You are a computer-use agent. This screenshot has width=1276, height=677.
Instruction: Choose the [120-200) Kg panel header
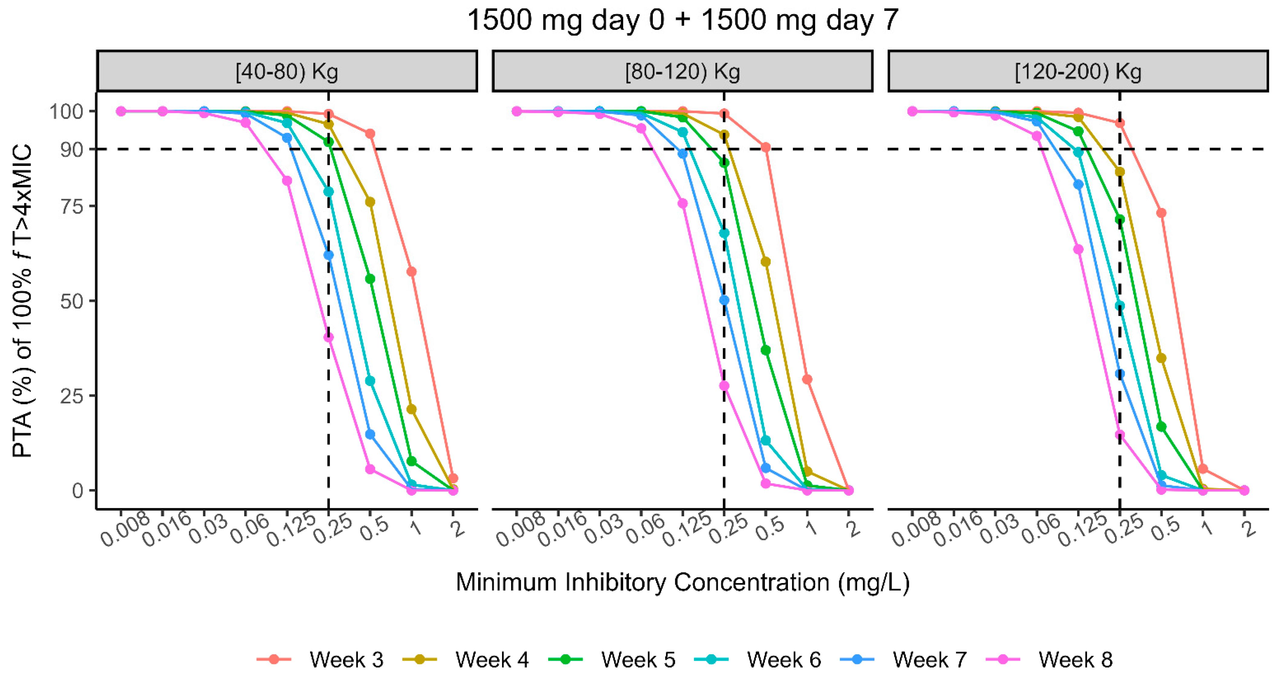pyautogui.click(x=1078, y=72)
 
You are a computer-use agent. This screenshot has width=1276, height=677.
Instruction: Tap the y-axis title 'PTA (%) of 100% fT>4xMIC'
pyautogui.click(x=22, y=301)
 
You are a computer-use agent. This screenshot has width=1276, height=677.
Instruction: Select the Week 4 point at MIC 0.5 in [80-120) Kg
pyautogui.click(x=765, y=262)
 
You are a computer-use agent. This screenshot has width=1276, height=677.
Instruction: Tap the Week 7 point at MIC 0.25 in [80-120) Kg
pyautogui.click(x=724, y=300)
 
